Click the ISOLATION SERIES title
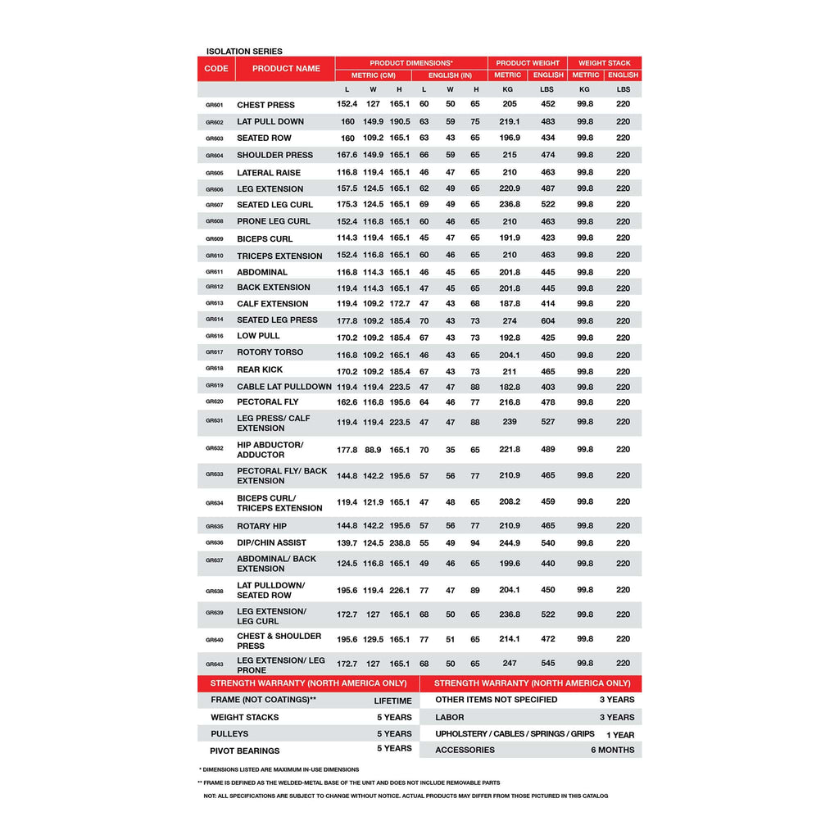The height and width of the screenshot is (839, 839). coord(244,52)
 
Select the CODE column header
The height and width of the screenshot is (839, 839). coord(216,69)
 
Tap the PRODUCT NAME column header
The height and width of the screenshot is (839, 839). coord(286,69)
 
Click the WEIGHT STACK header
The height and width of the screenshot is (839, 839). coord(605,63)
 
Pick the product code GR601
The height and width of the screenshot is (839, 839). coord(215,106)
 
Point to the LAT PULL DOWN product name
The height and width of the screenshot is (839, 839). coord(270,122)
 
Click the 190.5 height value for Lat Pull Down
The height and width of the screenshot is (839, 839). coord(400,122)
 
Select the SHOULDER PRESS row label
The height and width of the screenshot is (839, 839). coord(274,155)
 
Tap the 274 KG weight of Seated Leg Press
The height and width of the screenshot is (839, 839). coord(510,321)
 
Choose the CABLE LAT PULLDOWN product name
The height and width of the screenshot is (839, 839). coord(284,387)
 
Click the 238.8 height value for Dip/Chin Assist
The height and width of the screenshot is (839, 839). coord(400,543)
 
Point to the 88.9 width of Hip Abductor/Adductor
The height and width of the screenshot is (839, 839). coord(373,450)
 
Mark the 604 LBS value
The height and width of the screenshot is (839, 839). coord(548,321)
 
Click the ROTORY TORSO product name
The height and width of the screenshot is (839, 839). coord(270,352)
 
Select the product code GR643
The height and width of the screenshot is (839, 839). coord(215,664)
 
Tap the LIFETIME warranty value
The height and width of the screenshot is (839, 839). coord(393,701)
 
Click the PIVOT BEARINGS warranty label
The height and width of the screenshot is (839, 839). coord(245,751)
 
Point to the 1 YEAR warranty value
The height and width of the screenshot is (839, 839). coord(620,735)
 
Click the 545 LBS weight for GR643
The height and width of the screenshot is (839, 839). coord(548,664)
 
